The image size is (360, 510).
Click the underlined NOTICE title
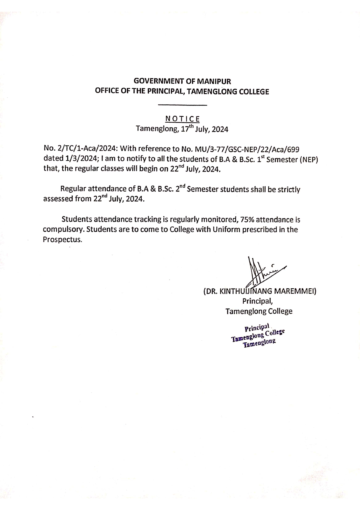point(182,119)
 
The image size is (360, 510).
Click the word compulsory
point(64,230)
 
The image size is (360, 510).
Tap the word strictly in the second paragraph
point(288,190)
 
